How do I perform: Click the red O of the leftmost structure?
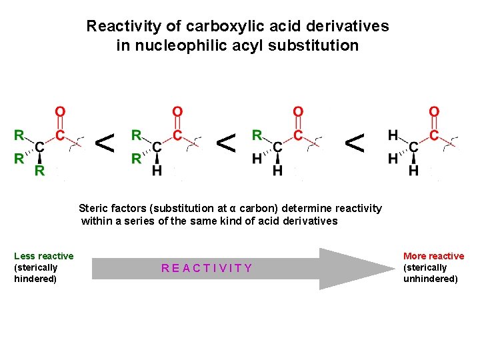(60, 112)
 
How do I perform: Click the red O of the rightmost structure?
(434, 112)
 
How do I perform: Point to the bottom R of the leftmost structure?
(40, 170)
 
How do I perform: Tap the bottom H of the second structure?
(157, 171)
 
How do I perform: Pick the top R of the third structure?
(257, 135)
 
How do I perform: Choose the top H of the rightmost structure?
(393, 135)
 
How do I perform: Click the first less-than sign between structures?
(104, 142)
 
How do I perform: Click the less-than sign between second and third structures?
(227, 142)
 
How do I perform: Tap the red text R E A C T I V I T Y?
(207, 268)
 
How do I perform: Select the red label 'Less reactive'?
(44, 256)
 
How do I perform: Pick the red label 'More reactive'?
(433, 256)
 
